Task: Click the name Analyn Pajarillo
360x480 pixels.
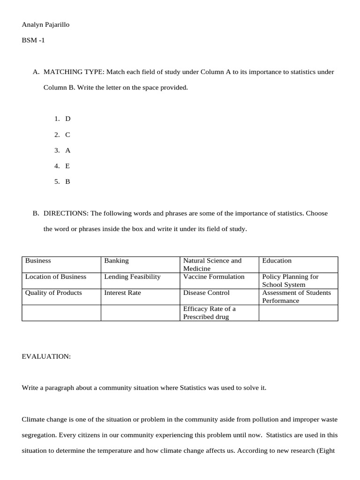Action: point(45,25)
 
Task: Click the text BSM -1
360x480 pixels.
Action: point(33,40)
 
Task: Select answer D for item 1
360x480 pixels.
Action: point(67,119)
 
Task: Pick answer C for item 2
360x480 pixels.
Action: point(67,135)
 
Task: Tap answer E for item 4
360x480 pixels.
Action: point(67,166)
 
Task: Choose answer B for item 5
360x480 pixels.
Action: point(67,181)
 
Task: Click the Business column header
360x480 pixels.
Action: point(38,261)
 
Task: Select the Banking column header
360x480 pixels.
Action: point(116,261)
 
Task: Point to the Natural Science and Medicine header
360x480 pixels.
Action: point(212,264)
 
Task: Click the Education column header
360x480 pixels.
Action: point(277,261)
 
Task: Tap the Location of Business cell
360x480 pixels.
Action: point(56,277)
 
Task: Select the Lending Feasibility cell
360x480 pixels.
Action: point(132,277)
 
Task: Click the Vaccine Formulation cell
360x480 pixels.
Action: point(214,277)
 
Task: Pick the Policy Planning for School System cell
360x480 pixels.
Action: point(290,280)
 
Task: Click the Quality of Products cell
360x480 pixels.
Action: point(53,292)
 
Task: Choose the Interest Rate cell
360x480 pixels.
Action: point(122,292)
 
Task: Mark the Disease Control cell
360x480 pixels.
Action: point(206,292)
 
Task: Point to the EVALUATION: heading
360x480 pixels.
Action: point(46,357)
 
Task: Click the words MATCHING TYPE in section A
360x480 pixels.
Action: point(73,72)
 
